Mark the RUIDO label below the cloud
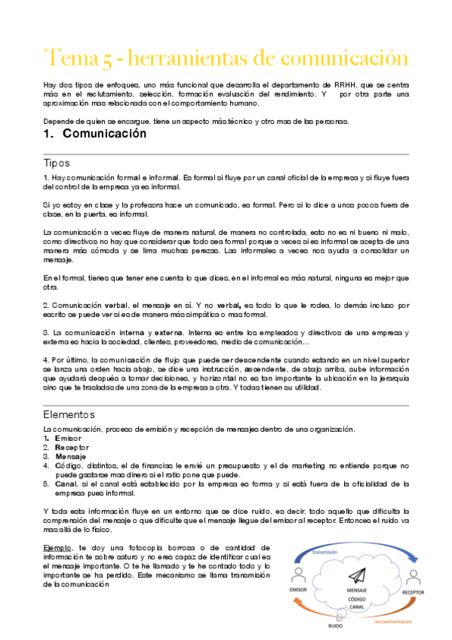(336, 626)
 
